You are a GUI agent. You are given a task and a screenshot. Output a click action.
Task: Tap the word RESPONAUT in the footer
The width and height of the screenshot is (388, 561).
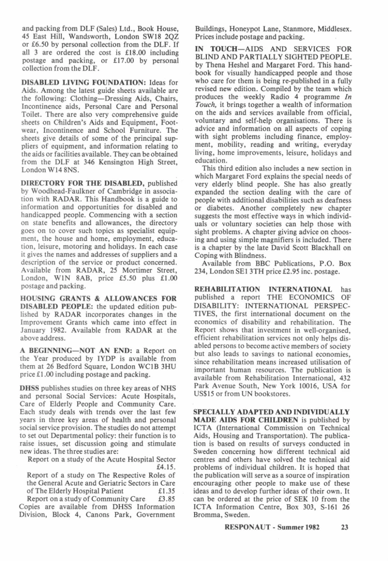coord(251,527)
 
